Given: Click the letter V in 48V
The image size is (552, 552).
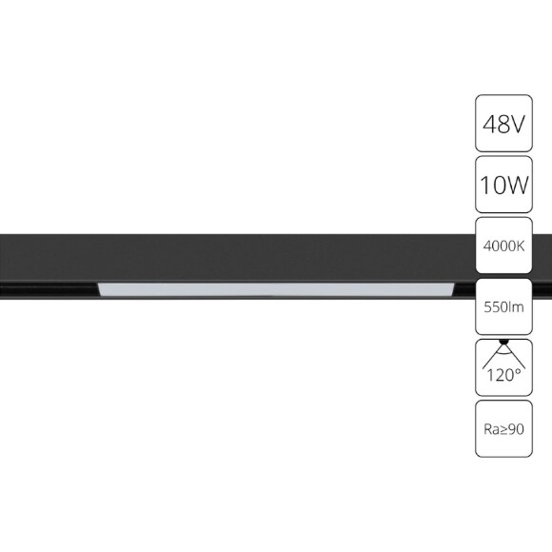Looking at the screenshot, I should [519, 124].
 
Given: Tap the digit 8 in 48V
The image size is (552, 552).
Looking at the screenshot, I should [503, 124].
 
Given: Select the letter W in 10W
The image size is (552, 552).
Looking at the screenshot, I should [516, 185].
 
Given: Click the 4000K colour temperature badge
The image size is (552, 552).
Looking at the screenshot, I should [503, 246].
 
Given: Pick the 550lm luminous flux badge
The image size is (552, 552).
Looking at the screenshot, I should [503, 306].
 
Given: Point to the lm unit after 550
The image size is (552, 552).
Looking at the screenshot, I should [517, 306].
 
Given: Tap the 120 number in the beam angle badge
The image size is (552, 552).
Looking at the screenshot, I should [500, 375].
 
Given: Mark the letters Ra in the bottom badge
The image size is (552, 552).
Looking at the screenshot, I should [489, 429].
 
